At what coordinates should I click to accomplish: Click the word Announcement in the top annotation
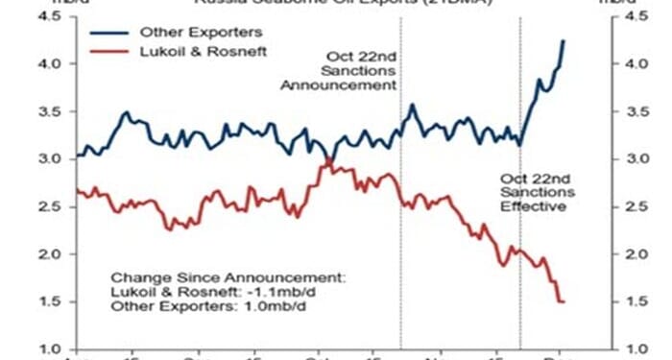pyautogui.click(x=338, y=84)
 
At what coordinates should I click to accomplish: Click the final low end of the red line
pyautogui.click(x=563, y=302)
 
